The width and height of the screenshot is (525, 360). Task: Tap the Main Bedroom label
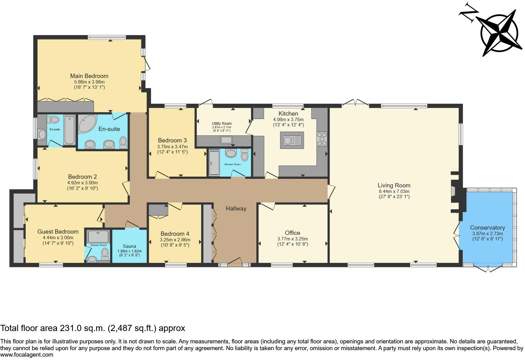[x=89, y=76]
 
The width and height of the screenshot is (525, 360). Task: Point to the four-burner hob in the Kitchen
[x=322, y=139]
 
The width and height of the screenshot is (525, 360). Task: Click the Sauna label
[x=129, y=246]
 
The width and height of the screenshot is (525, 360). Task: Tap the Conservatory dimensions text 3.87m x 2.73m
[x=487, y=234]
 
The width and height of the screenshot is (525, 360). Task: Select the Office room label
[x=292, y=233]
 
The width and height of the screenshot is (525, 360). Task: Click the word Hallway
[x=236, y=209]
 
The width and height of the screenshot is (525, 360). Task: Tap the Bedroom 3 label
[x=172, y=140]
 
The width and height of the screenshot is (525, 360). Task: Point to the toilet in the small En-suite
[x=55, y=120]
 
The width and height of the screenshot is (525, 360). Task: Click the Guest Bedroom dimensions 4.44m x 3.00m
[x=58, y=238]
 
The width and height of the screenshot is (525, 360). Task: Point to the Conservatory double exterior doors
[x=488, y=268]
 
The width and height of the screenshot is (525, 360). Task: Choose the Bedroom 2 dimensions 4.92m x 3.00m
[x=82, y=182]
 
